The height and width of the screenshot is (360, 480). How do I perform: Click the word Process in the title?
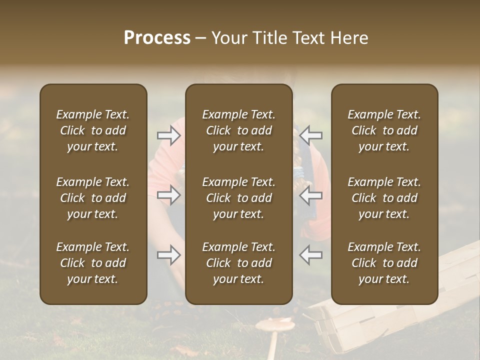157,38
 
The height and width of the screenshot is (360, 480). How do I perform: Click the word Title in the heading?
269,38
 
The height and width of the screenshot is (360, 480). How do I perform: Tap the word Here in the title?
348,38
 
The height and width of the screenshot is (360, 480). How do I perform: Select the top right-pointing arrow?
169,135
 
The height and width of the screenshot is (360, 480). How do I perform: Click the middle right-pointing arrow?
169,195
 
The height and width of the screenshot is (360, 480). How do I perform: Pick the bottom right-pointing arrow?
169,255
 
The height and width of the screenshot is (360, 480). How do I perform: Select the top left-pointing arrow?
310,135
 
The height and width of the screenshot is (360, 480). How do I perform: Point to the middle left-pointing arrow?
310,195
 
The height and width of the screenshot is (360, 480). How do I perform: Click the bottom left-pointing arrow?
310,255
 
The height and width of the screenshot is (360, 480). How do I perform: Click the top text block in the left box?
93,130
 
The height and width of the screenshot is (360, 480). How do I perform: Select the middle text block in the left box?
93,198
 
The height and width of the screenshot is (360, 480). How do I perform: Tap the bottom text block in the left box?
93,263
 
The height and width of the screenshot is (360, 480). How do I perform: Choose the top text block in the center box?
238,130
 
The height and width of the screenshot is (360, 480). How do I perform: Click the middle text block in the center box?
238,198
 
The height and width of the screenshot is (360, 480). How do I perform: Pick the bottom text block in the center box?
238,263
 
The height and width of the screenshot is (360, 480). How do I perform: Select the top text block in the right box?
384,130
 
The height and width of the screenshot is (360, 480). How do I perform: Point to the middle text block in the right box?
384,198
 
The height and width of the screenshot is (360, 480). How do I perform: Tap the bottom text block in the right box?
384,263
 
